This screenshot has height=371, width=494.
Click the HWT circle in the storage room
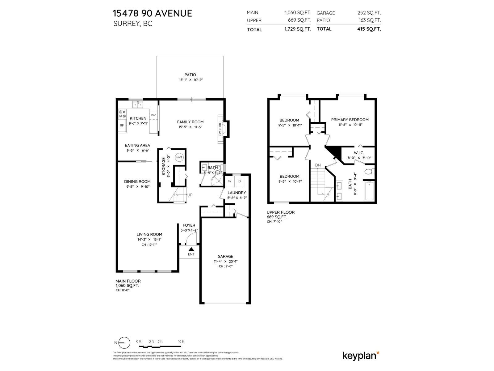179,157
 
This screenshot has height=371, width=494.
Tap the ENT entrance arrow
191,249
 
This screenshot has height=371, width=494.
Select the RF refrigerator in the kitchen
122,125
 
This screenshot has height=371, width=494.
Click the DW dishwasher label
153,115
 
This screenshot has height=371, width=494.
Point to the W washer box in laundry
230,181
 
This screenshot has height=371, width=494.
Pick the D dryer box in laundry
240,181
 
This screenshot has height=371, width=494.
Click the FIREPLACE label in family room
220,129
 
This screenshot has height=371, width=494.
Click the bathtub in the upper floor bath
369,191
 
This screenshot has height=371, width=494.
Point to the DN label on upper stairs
318,165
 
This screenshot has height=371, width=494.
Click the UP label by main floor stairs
190,195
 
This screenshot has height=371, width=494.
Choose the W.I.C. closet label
359,153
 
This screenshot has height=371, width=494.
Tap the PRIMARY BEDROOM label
350,120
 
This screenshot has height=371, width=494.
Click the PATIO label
190,75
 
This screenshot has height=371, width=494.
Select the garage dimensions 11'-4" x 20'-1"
225,261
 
